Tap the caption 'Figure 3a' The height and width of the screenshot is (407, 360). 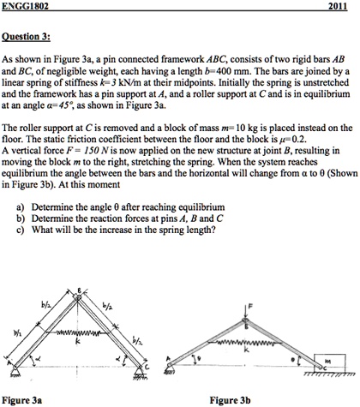(23, 399)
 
